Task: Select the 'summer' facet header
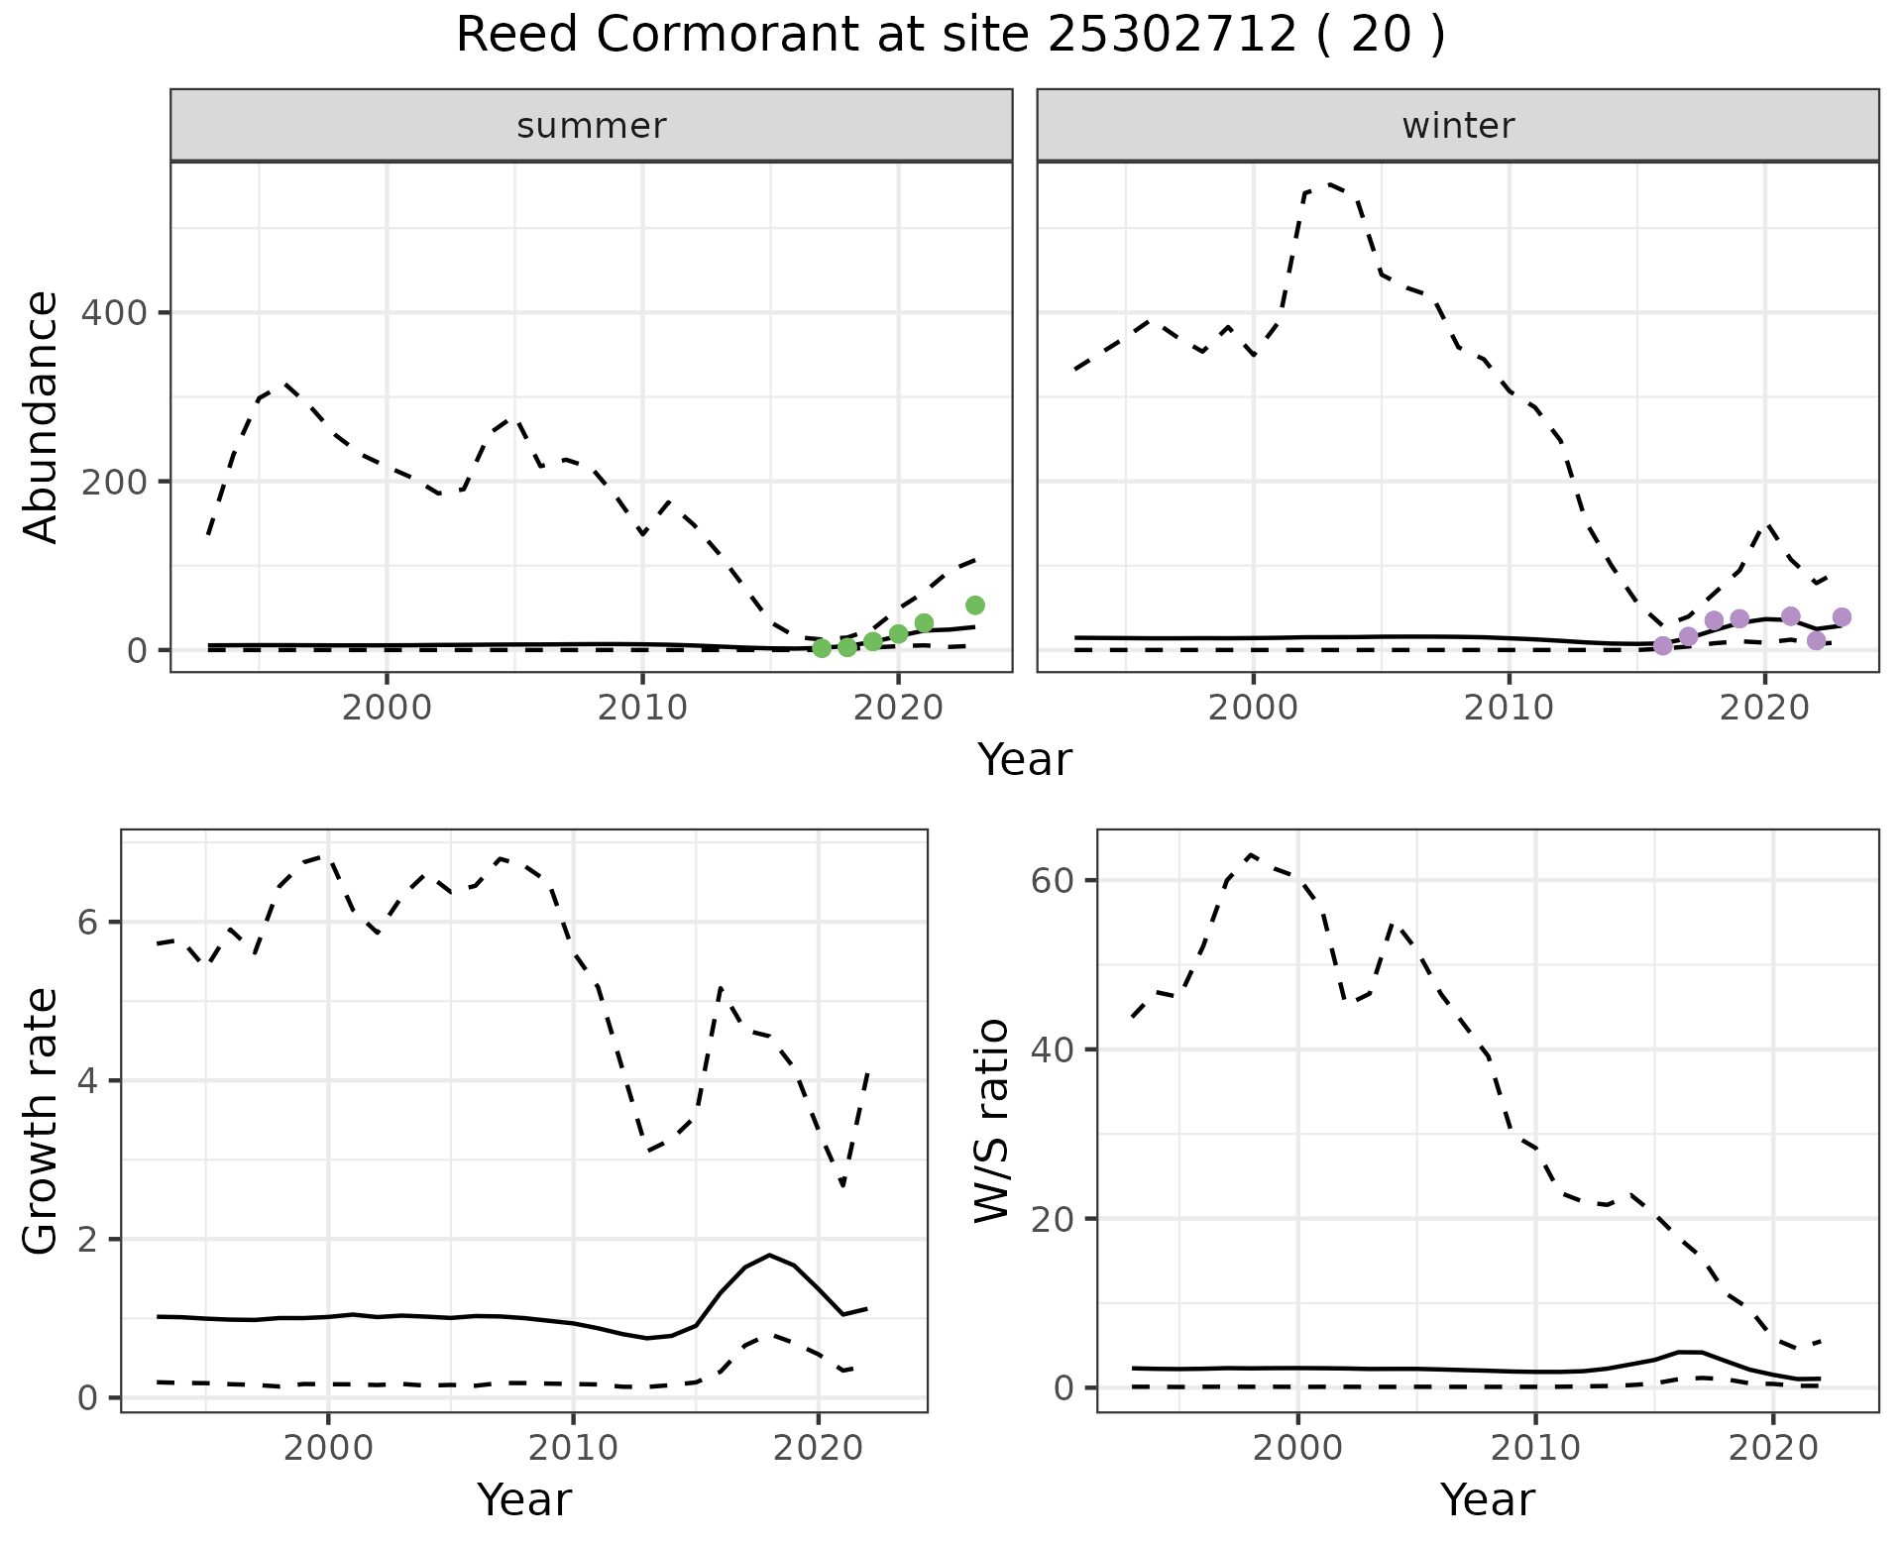(x=592, y=126)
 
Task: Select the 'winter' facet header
(x=1458, y=126)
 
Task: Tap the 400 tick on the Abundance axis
(x=118, y=313)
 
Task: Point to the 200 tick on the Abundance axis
(x=118, y=482)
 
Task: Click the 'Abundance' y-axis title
(x=41, y=416)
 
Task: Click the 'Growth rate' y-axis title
(x=41, y=1120)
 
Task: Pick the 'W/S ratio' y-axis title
(x=991, y=1120)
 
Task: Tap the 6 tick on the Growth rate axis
(x=87, y=923)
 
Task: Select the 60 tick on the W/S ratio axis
(x=1054, y=880)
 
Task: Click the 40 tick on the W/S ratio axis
(x=1054, y=1049)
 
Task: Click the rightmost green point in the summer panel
(x=975, y=606)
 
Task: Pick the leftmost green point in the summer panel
(x=822, y=648)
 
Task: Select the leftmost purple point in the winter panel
(x=1663, y=646)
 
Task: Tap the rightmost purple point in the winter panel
(x=1842, y=617)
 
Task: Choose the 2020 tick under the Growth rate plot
(x=818, y=1449)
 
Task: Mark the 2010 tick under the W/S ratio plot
(x=1535, y=1449)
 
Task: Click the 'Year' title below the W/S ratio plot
(x=1488, y=1499)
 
